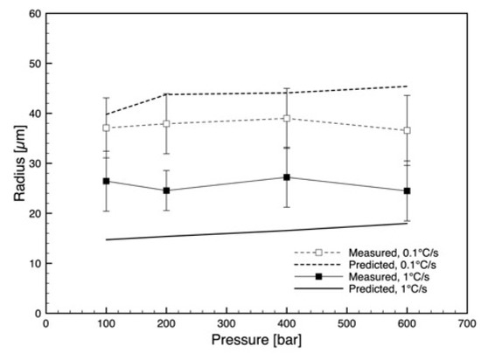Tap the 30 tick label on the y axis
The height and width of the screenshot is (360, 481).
tap(35, 163)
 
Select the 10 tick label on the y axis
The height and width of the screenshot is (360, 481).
tap(35, 263)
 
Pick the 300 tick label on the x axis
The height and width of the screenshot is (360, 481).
tap(227, 323)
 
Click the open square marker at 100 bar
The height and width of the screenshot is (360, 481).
tap(106, 128)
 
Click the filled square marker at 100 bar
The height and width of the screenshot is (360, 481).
tap(106, 181)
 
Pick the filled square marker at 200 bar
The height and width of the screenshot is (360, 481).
tap(166, 190)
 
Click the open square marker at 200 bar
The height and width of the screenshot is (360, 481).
tap(166, 123)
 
